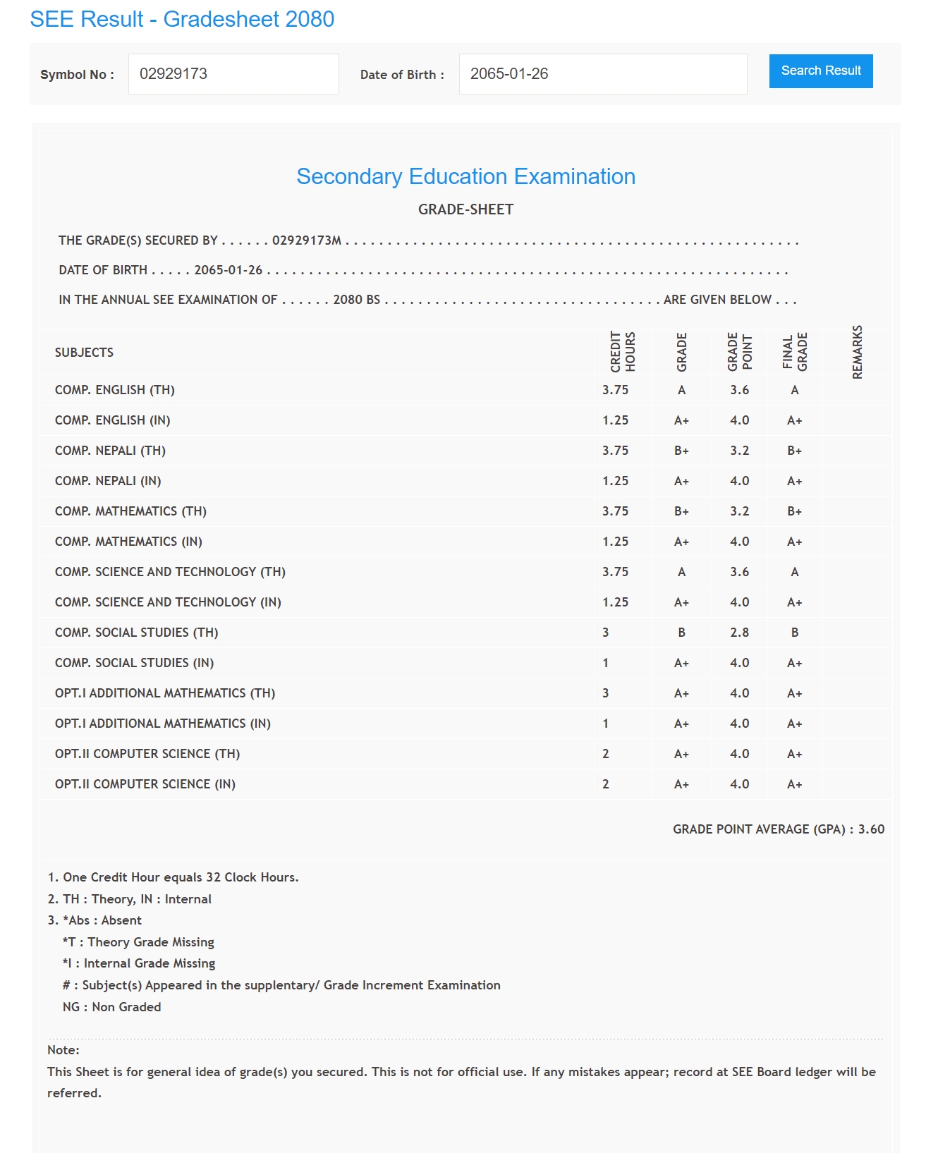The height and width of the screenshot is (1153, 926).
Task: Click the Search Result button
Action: point(820,71)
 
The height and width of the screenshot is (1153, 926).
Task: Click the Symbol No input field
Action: point(233,74)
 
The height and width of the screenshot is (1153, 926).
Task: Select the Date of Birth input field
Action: point(602,74)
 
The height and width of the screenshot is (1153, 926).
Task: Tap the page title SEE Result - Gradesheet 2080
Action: point(182,19)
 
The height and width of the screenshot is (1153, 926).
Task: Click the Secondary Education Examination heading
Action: point(465,176)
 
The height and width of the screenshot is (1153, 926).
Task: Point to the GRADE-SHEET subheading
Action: point(465,209)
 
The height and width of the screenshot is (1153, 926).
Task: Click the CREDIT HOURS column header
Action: point(623,352)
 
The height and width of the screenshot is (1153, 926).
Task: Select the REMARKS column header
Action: point(857,352)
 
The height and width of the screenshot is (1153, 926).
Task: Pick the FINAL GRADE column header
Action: point(794,352)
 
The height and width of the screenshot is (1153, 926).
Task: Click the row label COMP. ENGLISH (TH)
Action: point(115,390)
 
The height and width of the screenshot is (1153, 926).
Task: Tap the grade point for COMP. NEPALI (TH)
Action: point(739,451)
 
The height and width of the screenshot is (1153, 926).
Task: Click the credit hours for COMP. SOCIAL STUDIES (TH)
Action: point(606,633)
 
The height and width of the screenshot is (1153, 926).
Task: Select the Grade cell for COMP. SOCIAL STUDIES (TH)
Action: point(681,633)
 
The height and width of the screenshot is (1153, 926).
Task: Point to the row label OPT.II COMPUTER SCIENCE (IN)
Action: point(145,784)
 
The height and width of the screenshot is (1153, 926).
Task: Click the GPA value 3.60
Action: point(871,829)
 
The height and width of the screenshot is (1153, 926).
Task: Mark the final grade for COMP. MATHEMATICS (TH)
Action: point(794,511)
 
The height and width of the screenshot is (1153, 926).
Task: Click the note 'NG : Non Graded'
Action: point(111,1007)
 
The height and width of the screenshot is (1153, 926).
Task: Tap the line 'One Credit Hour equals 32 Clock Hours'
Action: point(173,877)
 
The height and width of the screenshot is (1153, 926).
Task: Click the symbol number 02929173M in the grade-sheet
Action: point(307,240)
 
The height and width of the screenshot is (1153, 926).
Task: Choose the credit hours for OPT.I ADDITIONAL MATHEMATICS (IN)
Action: point(606,724)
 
